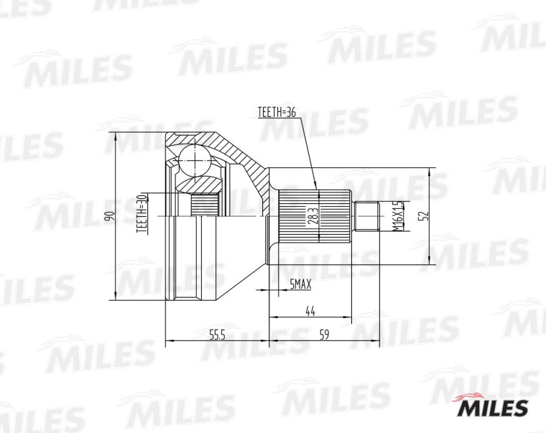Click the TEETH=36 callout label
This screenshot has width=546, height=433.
[x=277, y=112]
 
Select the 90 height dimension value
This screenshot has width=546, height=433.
[x=110, y=216]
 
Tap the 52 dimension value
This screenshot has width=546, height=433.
[x=425, y=216]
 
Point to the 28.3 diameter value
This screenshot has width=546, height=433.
[x=313, y=216]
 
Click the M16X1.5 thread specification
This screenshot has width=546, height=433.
[x=398, y=216]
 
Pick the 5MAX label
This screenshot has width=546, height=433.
[x=301, y=285]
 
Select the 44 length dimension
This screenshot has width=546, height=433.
[x=310, y=311]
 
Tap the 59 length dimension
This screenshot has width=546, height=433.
[x=324, y=335]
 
